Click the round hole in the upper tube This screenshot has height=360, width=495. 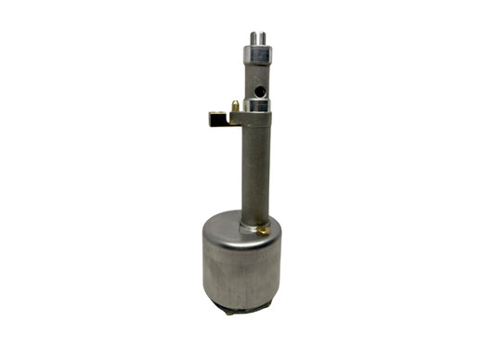point(262,90)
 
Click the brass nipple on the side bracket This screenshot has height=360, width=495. point(236,107)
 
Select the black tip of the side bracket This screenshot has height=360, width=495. point(214,119)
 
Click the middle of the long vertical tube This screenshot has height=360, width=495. point(255,172)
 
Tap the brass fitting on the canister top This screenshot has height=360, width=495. point(266,227)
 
